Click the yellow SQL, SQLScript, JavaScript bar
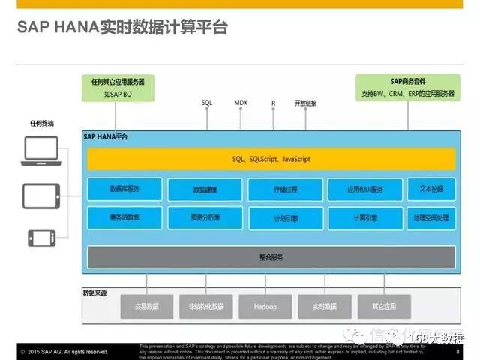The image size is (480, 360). pyautogui.click(x=271, y=159)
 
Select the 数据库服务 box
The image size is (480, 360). pyautogui.click(x=124, y=189)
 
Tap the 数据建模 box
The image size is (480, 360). pyautogui.click(x=205, y=190)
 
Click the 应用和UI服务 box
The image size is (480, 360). pyautogui.click(x=364, y=190)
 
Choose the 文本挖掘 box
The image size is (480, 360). pyautogui.click(x=430, y=189)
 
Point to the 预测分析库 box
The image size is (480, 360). pyautogui.click(x=205, y=217)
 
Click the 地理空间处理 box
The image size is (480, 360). pyautogui.click(x=430, y=217)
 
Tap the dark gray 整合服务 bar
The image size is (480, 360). pyautogui.click(x=271, y=257)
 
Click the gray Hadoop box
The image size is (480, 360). pyautogui.click(x=265, y=306)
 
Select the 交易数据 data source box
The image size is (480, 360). pyautogui.click(x=146, y=306)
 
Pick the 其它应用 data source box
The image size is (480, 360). pyautogui.click(x=383, y=306)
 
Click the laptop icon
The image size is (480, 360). pyautogui.click(x=40, y=153)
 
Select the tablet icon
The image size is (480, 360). pyautogui.click(x=40, y=196)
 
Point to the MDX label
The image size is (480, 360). pyautogui.click(x=241, y=102)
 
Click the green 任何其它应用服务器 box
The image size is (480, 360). pyautogui.click(x=118, y=87)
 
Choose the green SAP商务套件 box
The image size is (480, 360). pyautogui.click(x=407, y=87)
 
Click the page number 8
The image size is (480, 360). pyautogui.click(x=457, y=350)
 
